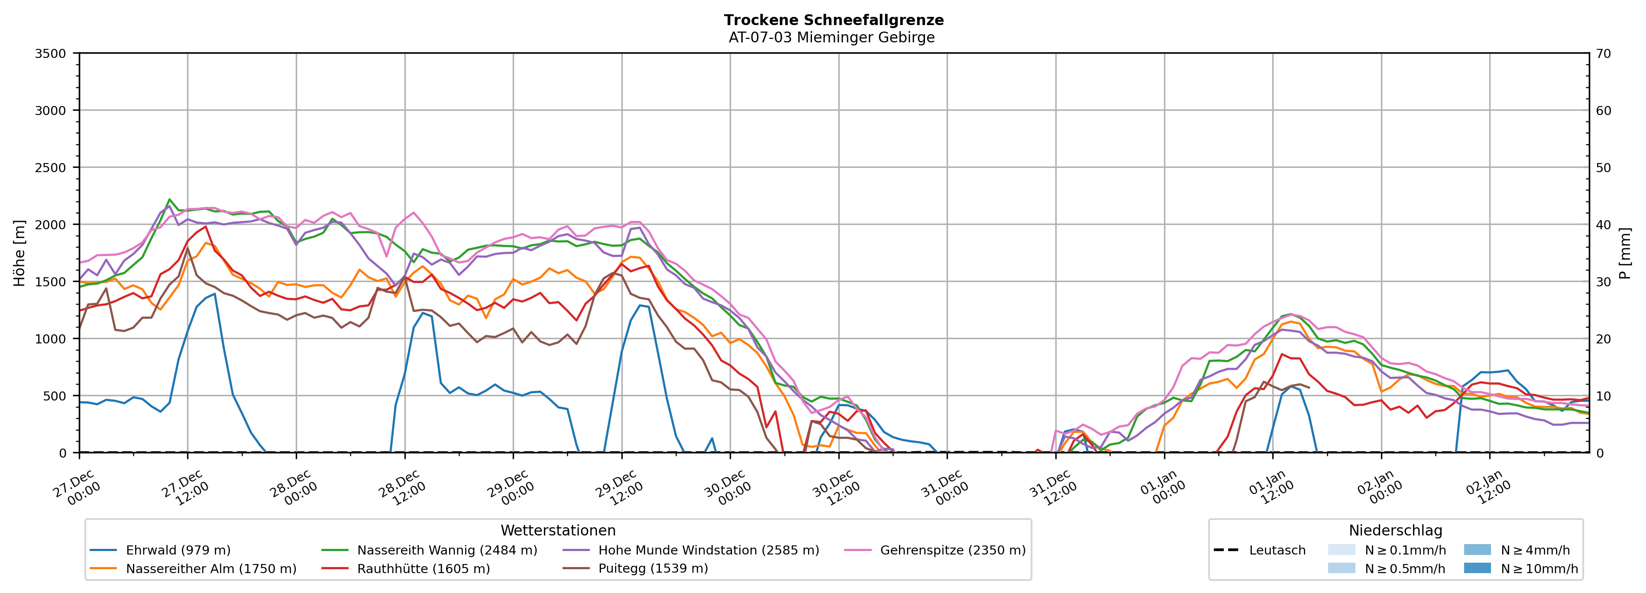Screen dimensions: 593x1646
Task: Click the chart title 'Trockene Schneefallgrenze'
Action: pos(833,20)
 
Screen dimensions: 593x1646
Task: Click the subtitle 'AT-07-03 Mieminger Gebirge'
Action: pos(831,38)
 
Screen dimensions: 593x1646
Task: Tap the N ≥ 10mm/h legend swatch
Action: pos(1477,568)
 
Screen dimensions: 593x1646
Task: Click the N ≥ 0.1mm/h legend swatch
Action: pos(1341,550)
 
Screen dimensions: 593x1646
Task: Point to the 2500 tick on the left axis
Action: pos(51,168)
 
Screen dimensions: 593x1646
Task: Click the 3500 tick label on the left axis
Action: pos(51,54)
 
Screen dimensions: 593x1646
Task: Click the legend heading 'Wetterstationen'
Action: pos(558,530)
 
